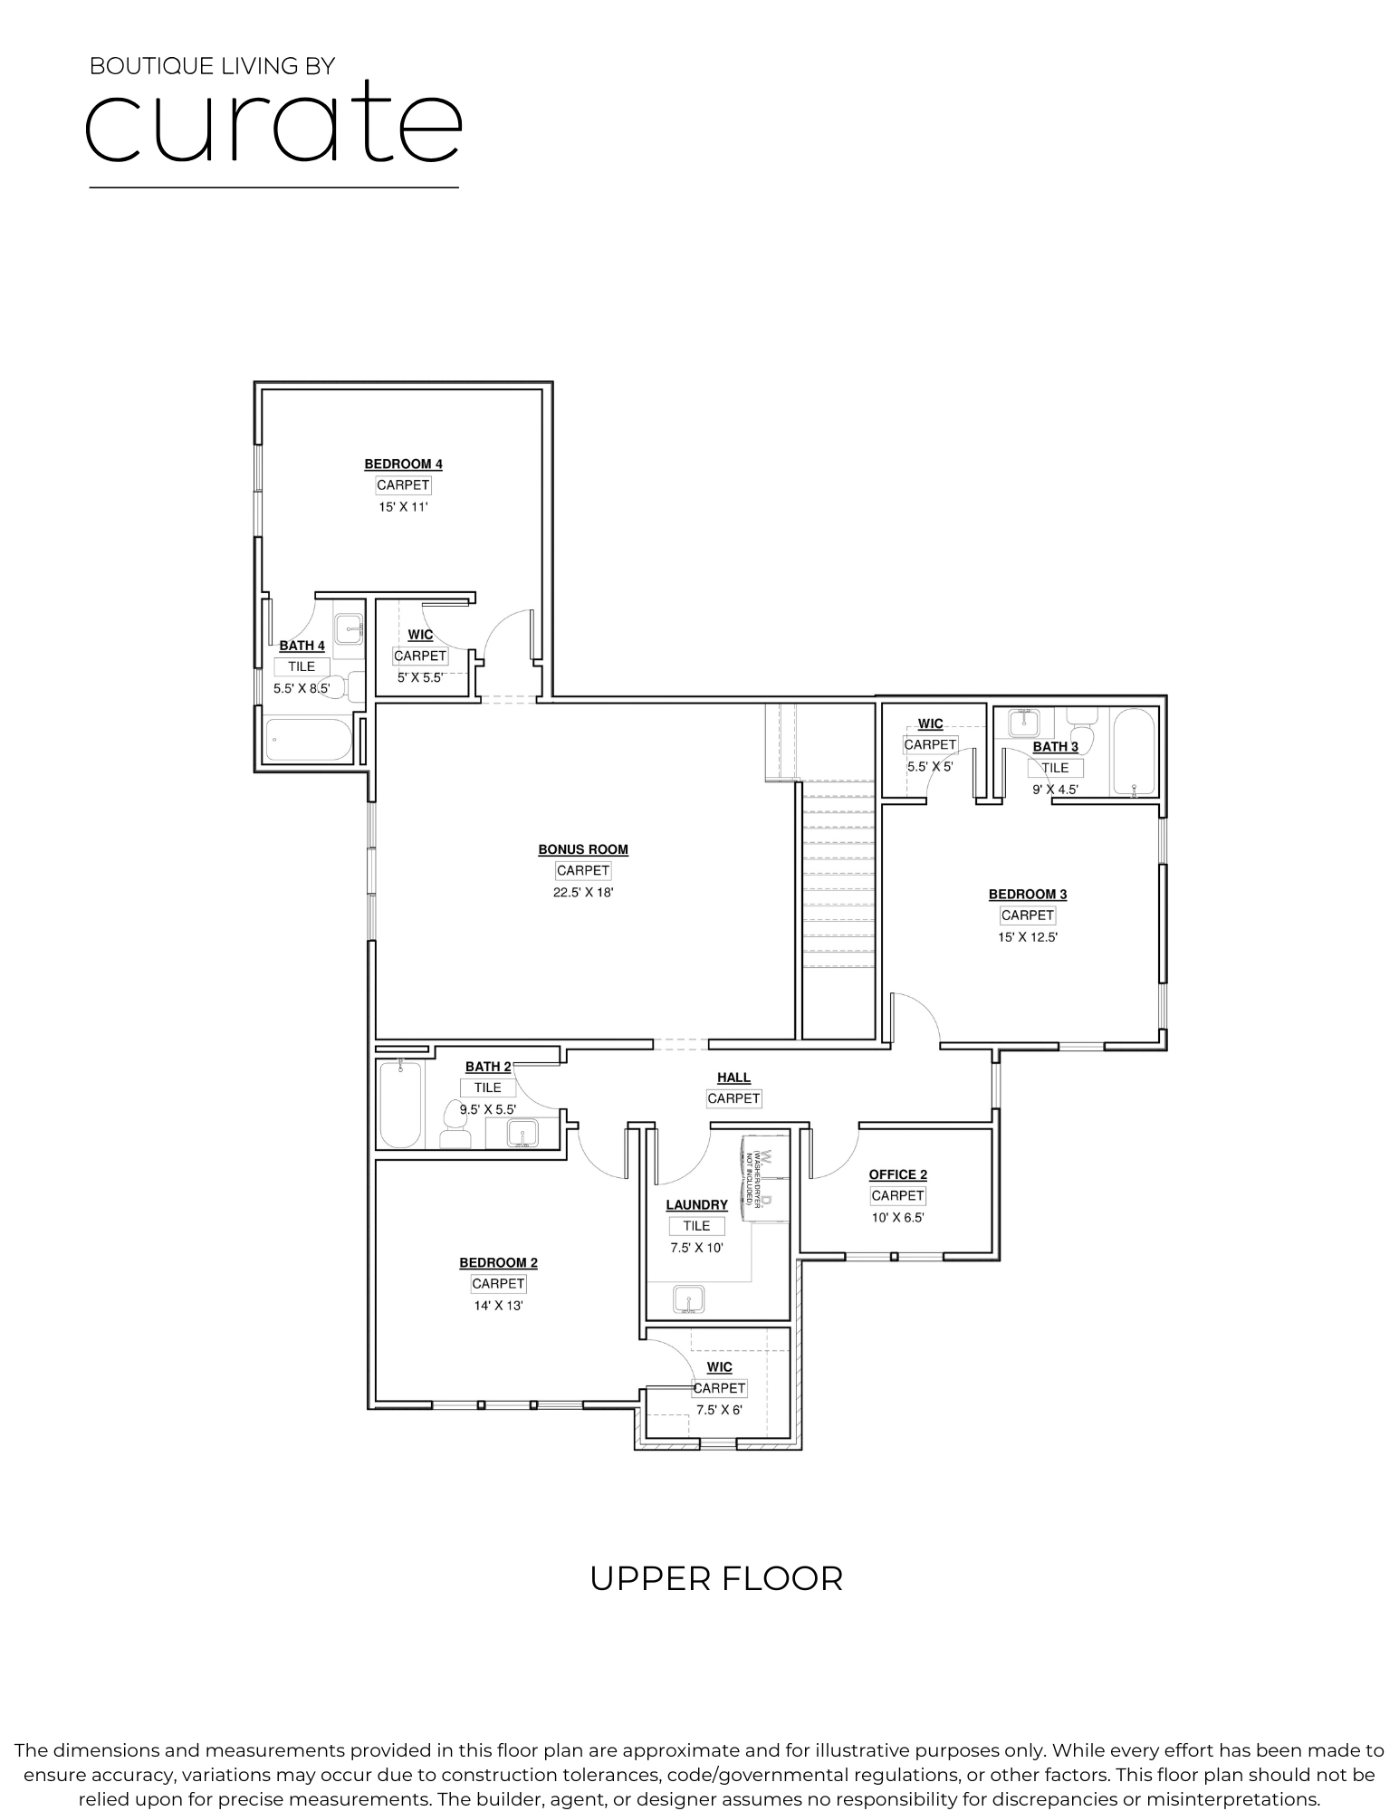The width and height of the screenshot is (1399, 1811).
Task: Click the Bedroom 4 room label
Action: pyautogui.click(x=403, y=465)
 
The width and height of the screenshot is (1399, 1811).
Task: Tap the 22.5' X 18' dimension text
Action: pyautogui.click(x=583, y=892)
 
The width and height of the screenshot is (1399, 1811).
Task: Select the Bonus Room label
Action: pyautogui.click(x=583, y=849)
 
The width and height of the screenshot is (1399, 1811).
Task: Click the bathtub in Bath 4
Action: pyautogui.click(x=308, y=740)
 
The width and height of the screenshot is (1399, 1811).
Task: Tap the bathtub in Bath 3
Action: pyautogui.click(x=1133, y=752)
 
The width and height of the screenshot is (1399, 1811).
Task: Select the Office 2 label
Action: pyautogui.click(x=897, y=1174)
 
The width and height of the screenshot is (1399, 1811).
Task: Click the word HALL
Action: pyautogui.click(x=733, y=1078)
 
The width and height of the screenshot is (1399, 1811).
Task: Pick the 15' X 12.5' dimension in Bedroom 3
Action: pyautogui.click(x=1027, y=937)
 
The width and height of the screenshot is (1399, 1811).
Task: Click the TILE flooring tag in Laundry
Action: pyautogui.click(x=696, y=1226)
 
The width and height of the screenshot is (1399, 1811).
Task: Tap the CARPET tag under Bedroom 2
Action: pyautogui.click(x=498, y=1283)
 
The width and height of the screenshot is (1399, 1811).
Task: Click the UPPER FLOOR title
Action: pyautogui.click(x=715, y=1578)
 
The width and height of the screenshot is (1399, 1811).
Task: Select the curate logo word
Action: pyautogui.click(x=273, y=122)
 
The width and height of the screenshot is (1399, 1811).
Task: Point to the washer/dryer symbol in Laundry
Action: pyautogui.click(x=758, y=1177)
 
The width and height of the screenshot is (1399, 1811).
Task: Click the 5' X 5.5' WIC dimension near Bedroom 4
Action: pyautogui.click(x=419, y=676)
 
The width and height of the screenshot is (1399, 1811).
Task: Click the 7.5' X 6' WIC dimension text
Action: pyautogui.click(x=719, y=1410)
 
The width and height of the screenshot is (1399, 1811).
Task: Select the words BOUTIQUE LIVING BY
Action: pyautogui.click(x=212, y=66)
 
